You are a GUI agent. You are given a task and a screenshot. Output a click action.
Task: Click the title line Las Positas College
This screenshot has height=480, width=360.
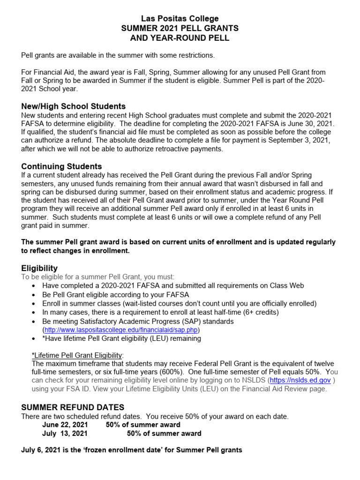tap(180, 19)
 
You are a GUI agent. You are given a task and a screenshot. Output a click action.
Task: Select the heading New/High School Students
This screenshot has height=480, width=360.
tap(74, 106)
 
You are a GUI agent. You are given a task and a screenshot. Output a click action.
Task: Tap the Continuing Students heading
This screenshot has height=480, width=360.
tap(61, 166)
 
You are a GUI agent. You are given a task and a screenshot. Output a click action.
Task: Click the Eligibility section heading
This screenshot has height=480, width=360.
tap(39, 268)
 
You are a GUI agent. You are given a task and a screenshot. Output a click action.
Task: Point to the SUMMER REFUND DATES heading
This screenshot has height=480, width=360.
tap(73, 407)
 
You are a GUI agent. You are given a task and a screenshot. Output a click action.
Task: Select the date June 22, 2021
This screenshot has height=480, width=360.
tap(65, 425)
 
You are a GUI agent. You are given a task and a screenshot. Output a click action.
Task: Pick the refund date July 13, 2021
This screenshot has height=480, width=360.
tap(65, 434)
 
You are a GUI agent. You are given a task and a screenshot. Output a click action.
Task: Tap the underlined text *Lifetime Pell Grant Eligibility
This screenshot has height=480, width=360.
tap(77, 354)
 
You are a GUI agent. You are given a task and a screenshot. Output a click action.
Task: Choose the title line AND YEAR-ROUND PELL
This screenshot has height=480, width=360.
tap(180, 38)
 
